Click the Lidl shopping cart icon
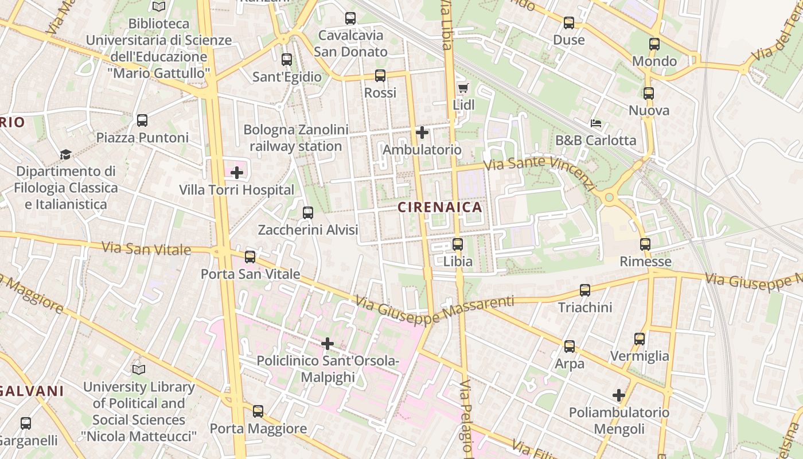[x=463, y=88]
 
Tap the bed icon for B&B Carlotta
[x=596, y=123]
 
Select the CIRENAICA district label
[x=440, y=208]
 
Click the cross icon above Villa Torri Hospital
[x=236, y=172]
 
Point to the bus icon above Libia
[x=457, y=244]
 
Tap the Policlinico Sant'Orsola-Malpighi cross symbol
[x=328, y=344]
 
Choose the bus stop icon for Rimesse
[x=645, y=244]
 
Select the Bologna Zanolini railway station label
[x=296, y=138]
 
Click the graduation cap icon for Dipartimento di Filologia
[x=65, y=154]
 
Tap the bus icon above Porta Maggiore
[x=258, y=411]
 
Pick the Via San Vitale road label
[x=146, y=249]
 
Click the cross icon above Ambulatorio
[x=422, y=133]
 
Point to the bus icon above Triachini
[x=585, y=290]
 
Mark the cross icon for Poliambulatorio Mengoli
[x=618, y=395]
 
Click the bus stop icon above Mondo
[x=654, y=44]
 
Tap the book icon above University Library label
[x=139, y=369]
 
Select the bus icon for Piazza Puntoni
[x=142, y=120]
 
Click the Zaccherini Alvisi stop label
[x=308, y=230]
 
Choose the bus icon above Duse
[x=568, y=23]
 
